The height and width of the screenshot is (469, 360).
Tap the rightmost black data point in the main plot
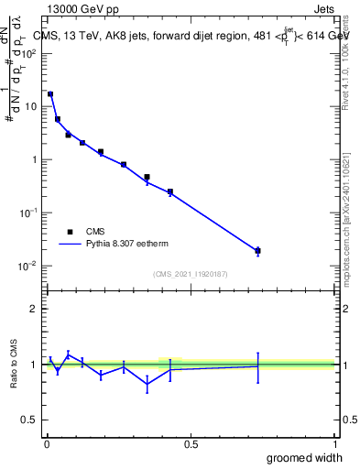(257, 250)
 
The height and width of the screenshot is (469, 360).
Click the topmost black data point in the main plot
(50, 94)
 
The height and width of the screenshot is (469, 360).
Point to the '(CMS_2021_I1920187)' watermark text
(190, 274)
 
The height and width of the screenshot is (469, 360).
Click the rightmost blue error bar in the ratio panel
(257, 366)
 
